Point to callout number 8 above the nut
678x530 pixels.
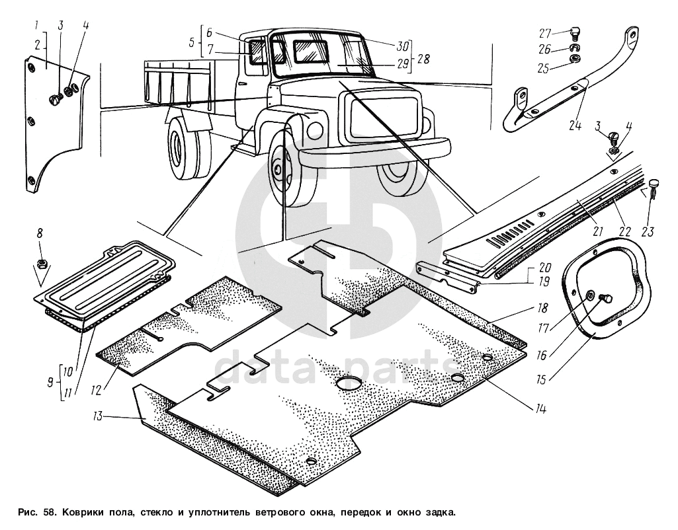point(40,233)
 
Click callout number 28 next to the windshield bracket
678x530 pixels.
point(423,59)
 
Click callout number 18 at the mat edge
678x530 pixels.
point(542,309)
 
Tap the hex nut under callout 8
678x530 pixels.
point(41,262)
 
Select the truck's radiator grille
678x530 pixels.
point(380,121)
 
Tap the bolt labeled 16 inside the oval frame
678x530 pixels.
point(604,299)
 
